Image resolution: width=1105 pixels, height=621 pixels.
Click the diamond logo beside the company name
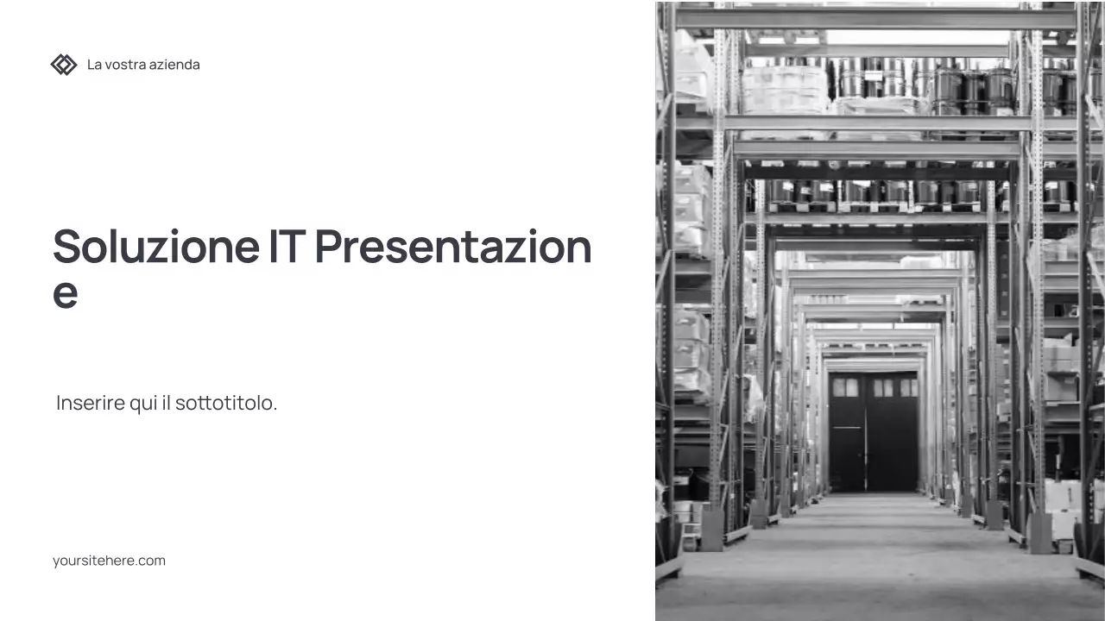click(x=64, y=65)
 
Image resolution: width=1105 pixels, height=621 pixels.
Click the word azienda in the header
click(x=174, y=65)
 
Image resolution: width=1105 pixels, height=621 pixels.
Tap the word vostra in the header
click(x=124, y=65)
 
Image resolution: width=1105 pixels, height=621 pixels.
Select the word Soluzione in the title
click(x=155, y=246)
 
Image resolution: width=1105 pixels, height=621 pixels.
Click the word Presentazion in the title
click(x=453, y=246)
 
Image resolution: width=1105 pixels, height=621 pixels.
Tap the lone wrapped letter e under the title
click(x=66, y=293)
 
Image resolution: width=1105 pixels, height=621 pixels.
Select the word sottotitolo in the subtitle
click(x=226, y=403)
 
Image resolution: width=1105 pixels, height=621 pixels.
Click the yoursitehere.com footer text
click(x=109, y=561)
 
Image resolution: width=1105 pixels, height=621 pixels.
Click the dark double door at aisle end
click(x=873, y=431)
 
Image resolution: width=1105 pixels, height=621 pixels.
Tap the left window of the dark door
click(x=846, y=388)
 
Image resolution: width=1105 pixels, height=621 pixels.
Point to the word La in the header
click(x=94, y=65)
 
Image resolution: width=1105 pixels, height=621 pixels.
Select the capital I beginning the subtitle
click(x=59, y=403)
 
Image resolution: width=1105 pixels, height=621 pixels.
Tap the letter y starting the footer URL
click(x=56, y=562)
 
